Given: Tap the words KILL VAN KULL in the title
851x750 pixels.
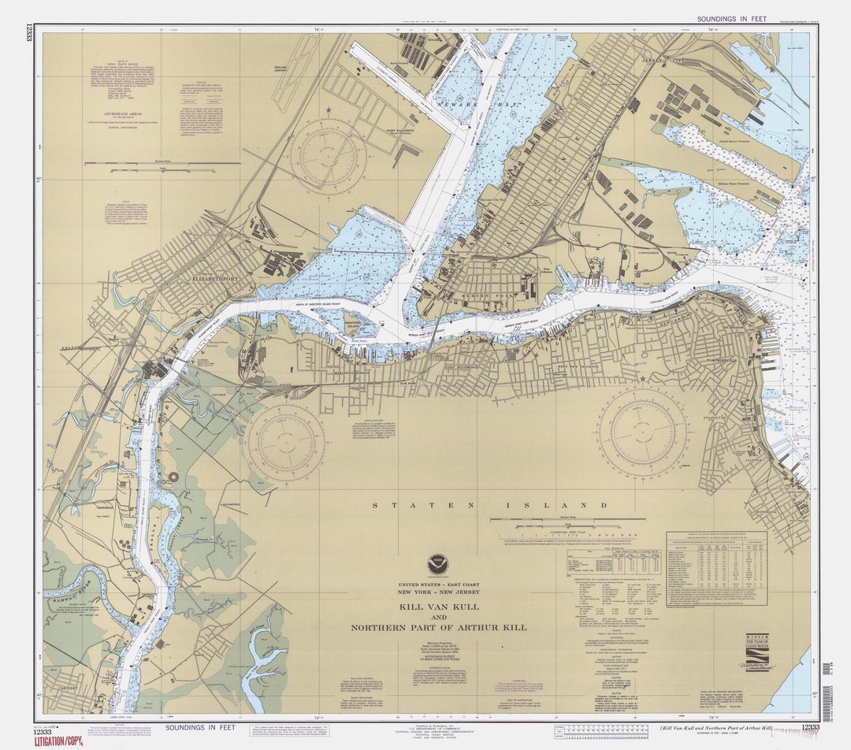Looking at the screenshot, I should [438, 607].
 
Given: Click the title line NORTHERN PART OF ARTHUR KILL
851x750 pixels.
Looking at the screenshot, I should [438, 628].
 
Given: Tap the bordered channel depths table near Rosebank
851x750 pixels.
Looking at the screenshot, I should [716, 568].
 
